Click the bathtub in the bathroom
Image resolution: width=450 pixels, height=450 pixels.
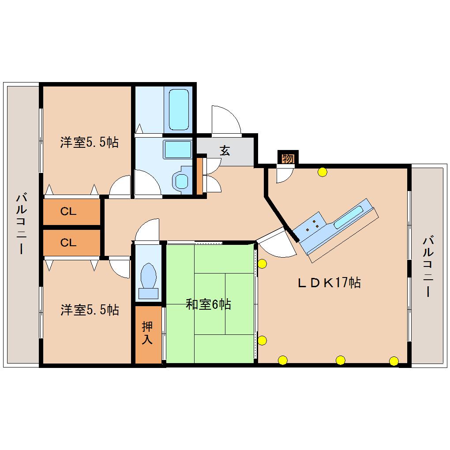click(179, 109)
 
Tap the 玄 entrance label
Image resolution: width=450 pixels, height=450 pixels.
click(225, 151)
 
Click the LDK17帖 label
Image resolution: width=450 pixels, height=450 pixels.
click(329, 282)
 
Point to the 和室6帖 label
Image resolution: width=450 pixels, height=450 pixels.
click(208, 304)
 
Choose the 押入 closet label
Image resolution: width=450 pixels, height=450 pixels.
click(147, 333)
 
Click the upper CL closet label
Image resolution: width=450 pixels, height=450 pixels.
click(68, 212)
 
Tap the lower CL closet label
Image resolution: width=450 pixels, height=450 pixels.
click(68, 242)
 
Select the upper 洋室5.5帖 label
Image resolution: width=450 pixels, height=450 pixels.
click(89, 142)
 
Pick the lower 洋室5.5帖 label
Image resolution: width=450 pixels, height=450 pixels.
click(90, 310)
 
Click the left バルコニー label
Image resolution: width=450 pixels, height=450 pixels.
click(20, 223)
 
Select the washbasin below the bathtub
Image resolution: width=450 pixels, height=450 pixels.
click(177, 150)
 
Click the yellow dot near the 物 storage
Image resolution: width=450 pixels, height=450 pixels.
click(322, 172)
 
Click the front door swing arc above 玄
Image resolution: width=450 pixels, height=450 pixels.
click(226, 119)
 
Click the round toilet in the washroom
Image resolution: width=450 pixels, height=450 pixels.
click(181, 180)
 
